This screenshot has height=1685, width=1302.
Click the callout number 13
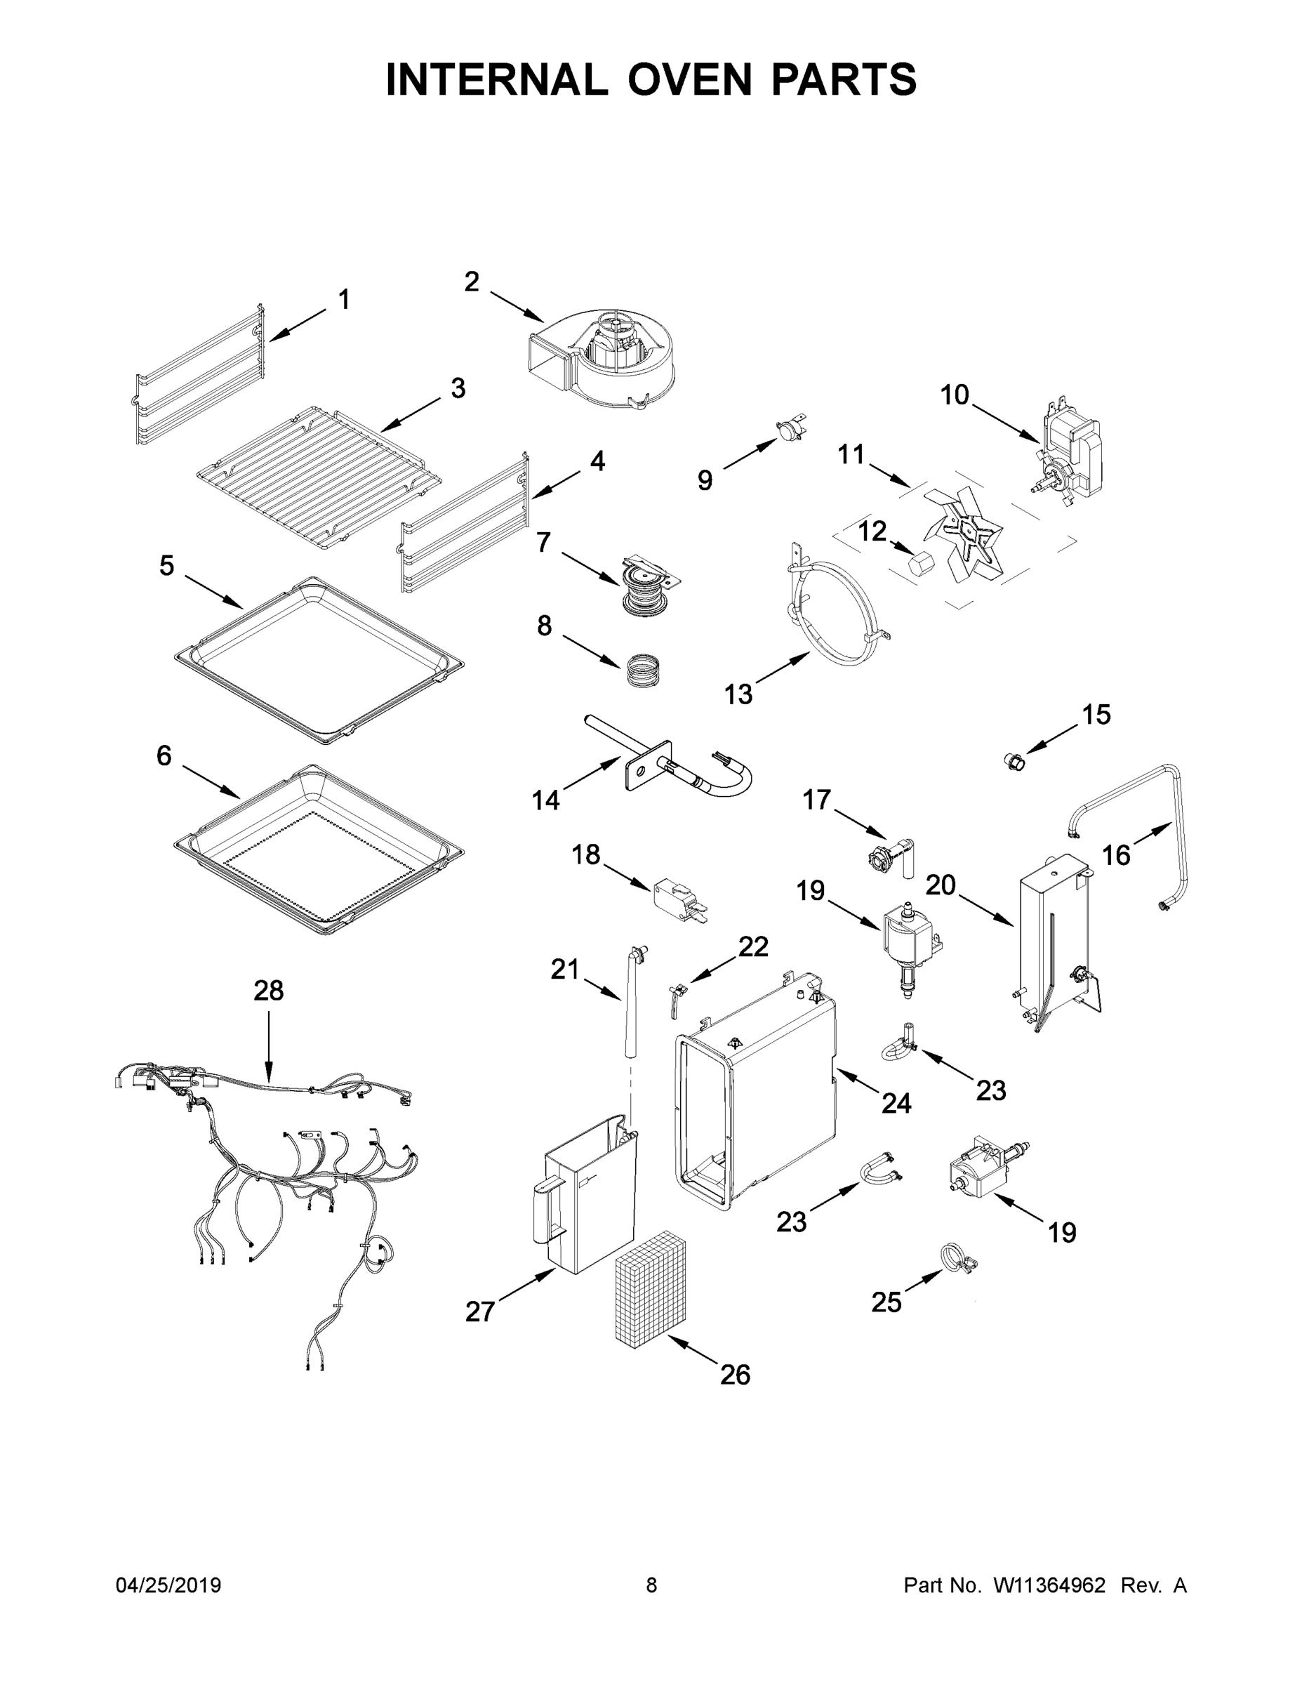pos(738,694)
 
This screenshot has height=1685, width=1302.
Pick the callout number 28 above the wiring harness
pos(268,991)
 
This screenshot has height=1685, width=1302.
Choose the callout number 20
pos(941,885)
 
